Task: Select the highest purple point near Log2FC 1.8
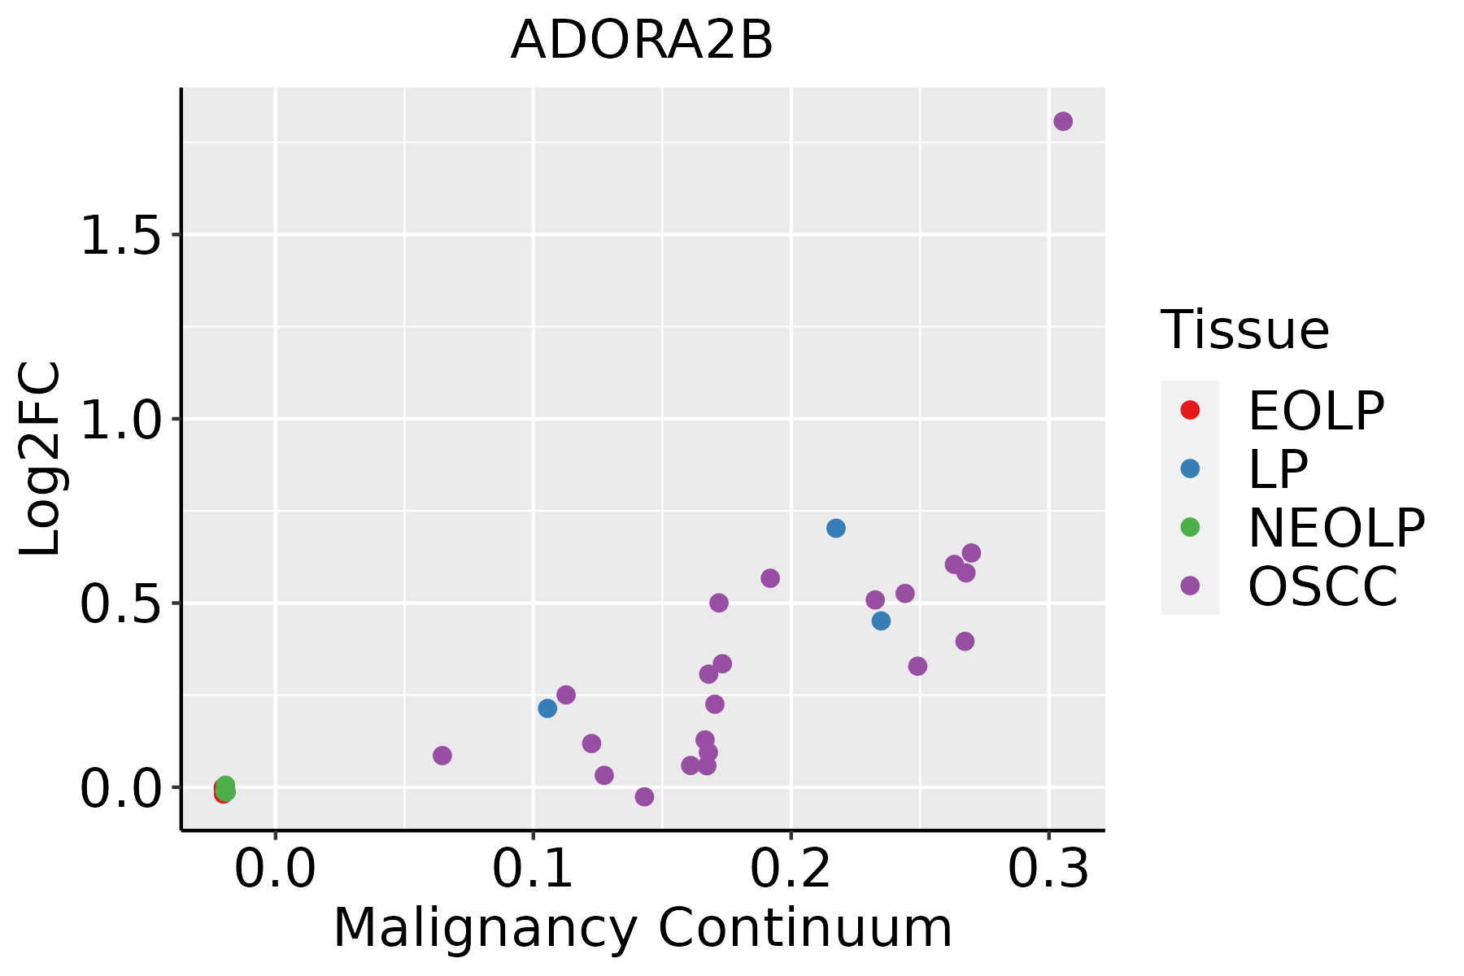(x=1063, y=121)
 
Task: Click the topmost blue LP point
(x=836, y=528)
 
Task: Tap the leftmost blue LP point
(x=547, y=708)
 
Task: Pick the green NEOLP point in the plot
(x=226, y=787)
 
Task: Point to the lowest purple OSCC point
(x=644, y=796)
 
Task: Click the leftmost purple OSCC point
(x=442, y=756)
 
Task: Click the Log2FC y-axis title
(x=41, y=460)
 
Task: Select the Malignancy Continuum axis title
(x=643, y=929)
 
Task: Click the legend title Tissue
(x=1245, y=330)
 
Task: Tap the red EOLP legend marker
(x=1190, y=410)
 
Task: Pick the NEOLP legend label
(x=1336, y=528)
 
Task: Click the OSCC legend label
(x=1322, y=586)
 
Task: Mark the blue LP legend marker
(x=1190, y=468)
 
